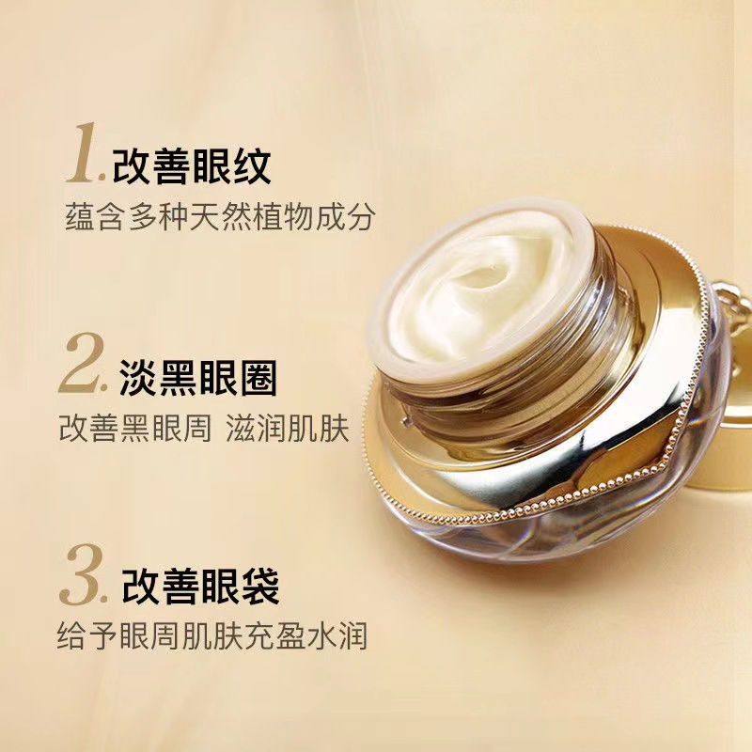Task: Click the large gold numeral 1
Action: click(x=84, y=153)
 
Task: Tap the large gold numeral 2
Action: click(x=82, y=364)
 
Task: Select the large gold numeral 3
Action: click(x=82, y=574)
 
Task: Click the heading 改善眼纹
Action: click(x=192, y=166)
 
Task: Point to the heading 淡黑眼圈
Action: click(x=198, y=378)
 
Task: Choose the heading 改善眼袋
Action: click(x=201, y=587)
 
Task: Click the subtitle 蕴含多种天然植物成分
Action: click(x=220, y=217)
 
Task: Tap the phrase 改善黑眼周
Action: click(x=135, y=428)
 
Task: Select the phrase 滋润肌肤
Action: click(x=288, y=428)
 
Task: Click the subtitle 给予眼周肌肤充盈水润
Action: click(x=212, y=636)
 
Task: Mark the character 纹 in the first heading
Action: click(x=252, y=166)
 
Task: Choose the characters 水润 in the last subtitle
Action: click(x=337, y=636)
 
